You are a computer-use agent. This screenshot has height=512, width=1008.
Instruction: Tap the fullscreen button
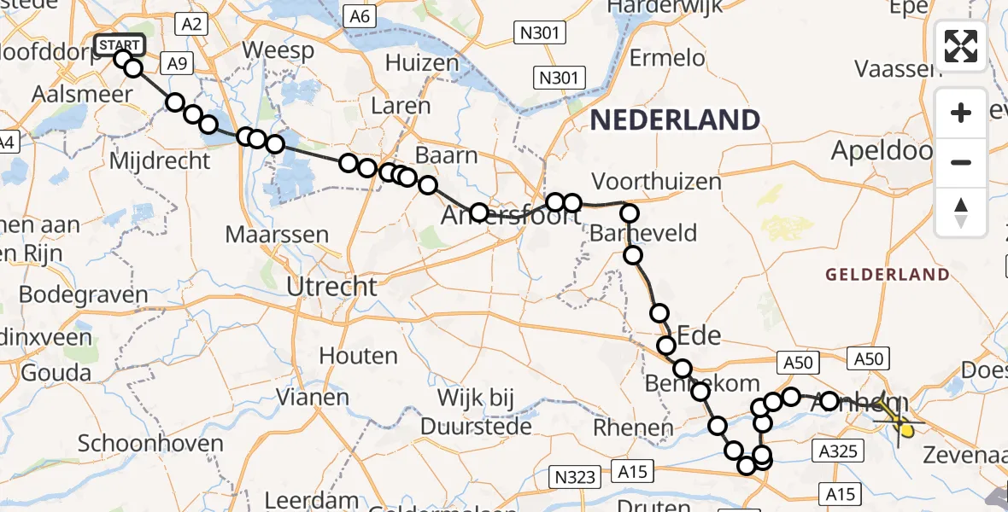coord(961,46)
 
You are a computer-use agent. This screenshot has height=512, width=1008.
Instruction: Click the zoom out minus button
coord(961,162)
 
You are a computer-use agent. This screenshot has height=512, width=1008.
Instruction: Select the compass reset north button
coord(961,212)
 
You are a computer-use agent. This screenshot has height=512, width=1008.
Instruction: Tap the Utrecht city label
coord(332,287)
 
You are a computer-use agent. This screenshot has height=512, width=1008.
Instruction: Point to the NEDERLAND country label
coord(676,119)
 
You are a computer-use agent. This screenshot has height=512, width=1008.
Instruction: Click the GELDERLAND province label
coord(887,275)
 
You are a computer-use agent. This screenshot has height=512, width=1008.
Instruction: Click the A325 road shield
coord(837,451)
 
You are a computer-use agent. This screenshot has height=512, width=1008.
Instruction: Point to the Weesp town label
coord(278,50)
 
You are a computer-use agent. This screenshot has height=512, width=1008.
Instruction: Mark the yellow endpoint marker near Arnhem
coord(906,430)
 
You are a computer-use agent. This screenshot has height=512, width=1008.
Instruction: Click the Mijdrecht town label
coord(160,160)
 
